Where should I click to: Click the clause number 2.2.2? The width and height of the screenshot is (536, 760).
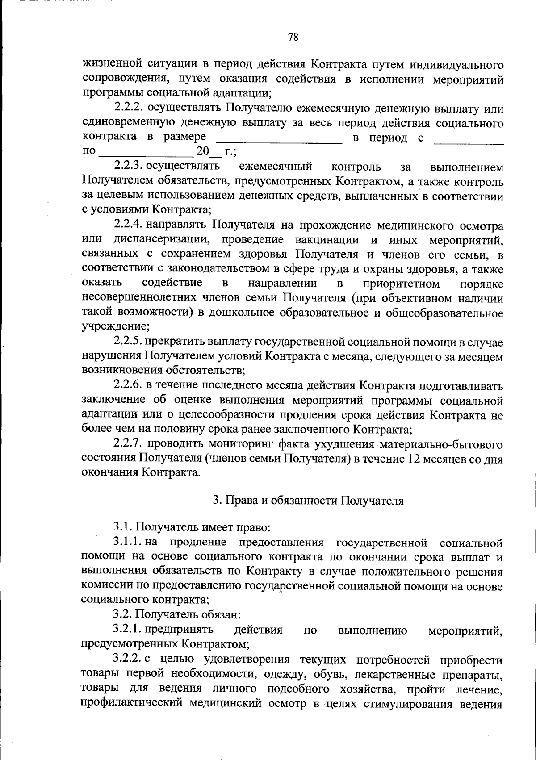coord(129,108)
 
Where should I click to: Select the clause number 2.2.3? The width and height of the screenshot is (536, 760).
coord(128,167)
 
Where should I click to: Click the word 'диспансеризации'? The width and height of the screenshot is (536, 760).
coord(162,240)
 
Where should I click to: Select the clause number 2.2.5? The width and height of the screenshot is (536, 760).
coord(128,342)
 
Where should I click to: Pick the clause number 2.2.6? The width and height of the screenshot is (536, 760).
coord(129,385)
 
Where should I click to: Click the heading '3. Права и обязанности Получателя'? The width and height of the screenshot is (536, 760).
coord(308,501)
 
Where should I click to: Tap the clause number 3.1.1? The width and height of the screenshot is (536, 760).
coord(128,543)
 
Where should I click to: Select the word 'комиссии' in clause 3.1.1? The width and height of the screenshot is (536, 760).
coord(103,586)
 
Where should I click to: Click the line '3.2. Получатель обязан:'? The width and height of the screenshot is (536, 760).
coord(177,615)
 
